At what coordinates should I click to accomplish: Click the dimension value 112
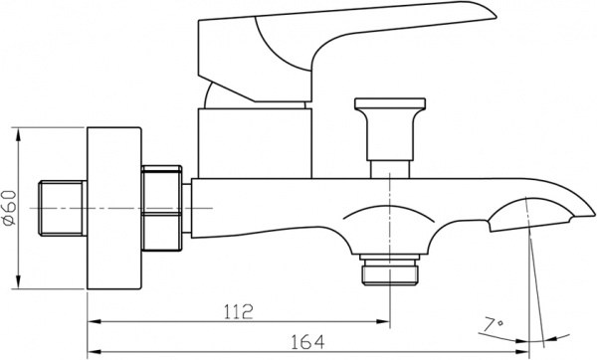[236, 310]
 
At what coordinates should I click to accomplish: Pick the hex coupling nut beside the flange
[163, 208]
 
